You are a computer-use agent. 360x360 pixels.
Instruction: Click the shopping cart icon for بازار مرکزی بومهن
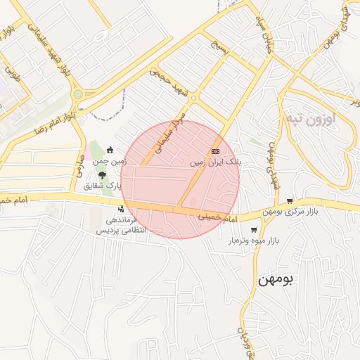point(289,201)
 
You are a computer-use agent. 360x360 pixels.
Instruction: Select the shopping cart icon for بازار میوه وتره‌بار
point(253,230)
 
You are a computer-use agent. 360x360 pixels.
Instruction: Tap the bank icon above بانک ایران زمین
point(215,151)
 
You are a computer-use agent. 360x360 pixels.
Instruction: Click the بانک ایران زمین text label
point(218,162)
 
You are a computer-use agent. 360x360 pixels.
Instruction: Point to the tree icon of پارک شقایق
point(103,175)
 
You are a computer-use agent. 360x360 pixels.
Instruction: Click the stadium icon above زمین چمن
point(110,150)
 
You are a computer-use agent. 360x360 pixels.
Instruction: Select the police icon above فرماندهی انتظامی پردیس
point(121,209)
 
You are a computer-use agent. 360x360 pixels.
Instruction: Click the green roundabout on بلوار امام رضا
point(77,94)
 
